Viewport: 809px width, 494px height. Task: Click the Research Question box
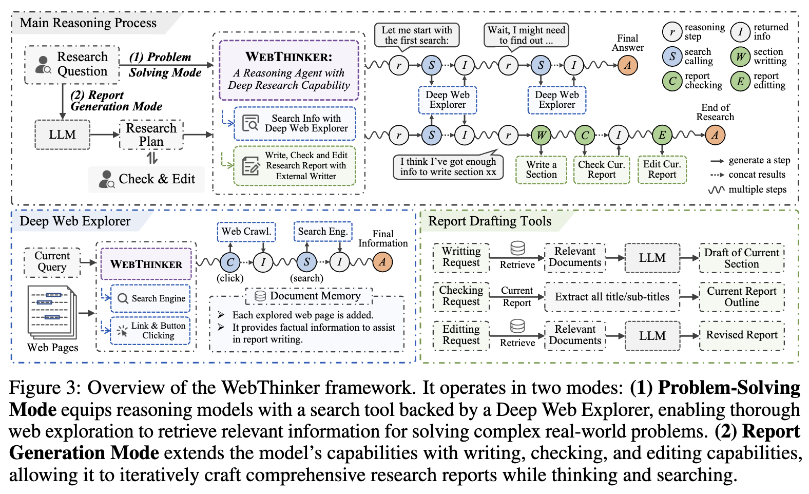(x=72, y=65)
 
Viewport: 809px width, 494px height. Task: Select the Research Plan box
(x=151, y=135)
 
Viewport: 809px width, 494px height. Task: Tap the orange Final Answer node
(x=627, y=65)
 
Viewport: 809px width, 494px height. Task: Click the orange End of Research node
(x=715, y=135)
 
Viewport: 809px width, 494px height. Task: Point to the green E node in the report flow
(x=662, y=135)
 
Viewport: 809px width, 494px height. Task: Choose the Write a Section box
(x=541, y=170)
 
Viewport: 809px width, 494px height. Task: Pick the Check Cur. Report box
(x=601, y=170)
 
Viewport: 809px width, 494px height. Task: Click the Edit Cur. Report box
(x=662, y=170)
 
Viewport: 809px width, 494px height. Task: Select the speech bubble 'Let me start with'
(x=417, y=35)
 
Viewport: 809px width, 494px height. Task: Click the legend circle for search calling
(x=672, y=56)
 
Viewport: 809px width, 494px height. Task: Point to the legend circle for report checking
(x=672, y=81)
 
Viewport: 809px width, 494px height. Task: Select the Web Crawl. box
(x=246, y=232)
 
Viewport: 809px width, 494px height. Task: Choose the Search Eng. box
(x=323, y=232)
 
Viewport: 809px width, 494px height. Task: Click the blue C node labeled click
(x=230, y=262)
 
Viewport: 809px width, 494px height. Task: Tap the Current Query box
(x=52, y=261)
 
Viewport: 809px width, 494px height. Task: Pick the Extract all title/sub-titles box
(x=612, y=297)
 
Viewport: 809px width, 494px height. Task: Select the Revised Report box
(x=742, y=335)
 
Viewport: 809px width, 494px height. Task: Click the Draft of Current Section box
(x=742, y=258)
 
